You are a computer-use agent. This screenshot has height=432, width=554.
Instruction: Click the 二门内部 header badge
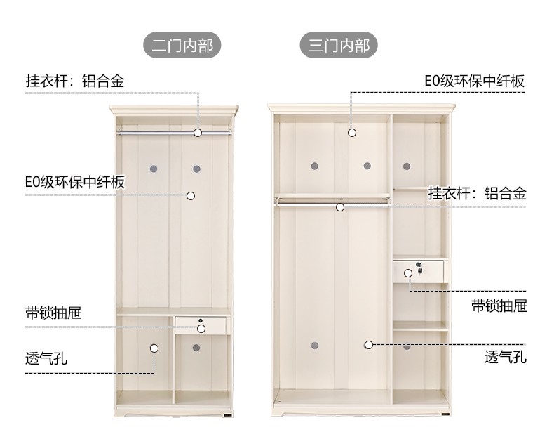182,46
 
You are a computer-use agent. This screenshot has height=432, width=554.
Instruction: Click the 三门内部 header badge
339,46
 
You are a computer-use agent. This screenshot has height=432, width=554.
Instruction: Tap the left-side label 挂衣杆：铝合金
75,81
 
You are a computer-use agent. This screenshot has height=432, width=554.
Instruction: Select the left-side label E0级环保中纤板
75,183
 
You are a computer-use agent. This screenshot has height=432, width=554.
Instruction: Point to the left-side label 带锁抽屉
53,313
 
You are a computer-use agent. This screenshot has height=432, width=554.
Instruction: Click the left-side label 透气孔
47,358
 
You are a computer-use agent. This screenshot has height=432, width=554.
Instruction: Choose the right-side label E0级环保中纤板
474,81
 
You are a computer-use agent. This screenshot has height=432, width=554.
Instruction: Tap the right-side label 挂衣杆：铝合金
477,193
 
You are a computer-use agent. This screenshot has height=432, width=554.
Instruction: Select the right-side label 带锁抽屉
499,306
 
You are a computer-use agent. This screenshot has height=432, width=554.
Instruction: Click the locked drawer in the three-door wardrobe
419,270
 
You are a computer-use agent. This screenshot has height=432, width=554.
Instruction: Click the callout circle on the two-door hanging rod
198,131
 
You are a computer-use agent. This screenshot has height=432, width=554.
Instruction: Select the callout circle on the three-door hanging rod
340,207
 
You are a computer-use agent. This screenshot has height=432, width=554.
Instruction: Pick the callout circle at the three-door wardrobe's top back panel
352,132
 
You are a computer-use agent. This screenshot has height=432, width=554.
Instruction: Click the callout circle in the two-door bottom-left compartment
154,347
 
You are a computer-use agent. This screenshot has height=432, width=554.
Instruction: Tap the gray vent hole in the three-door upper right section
407,166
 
